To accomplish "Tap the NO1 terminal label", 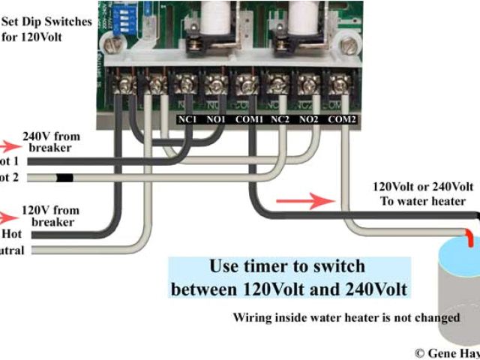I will coord(216,118).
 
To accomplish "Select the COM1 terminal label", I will coord(247,118).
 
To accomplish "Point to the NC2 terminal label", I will coord(280,118).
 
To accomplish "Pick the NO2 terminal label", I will coord(310,118).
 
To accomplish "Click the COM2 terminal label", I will coord(341,118).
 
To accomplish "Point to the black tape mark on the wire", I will coord(64,178).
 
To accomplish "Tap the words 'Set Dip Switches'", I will coord(49,21).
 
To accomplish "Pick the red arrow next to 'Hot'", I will coord(7,217).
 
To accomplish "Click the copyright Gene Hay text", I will coord(447,352).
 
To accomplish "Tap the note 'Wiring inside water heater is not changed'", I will coord(346,317).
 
